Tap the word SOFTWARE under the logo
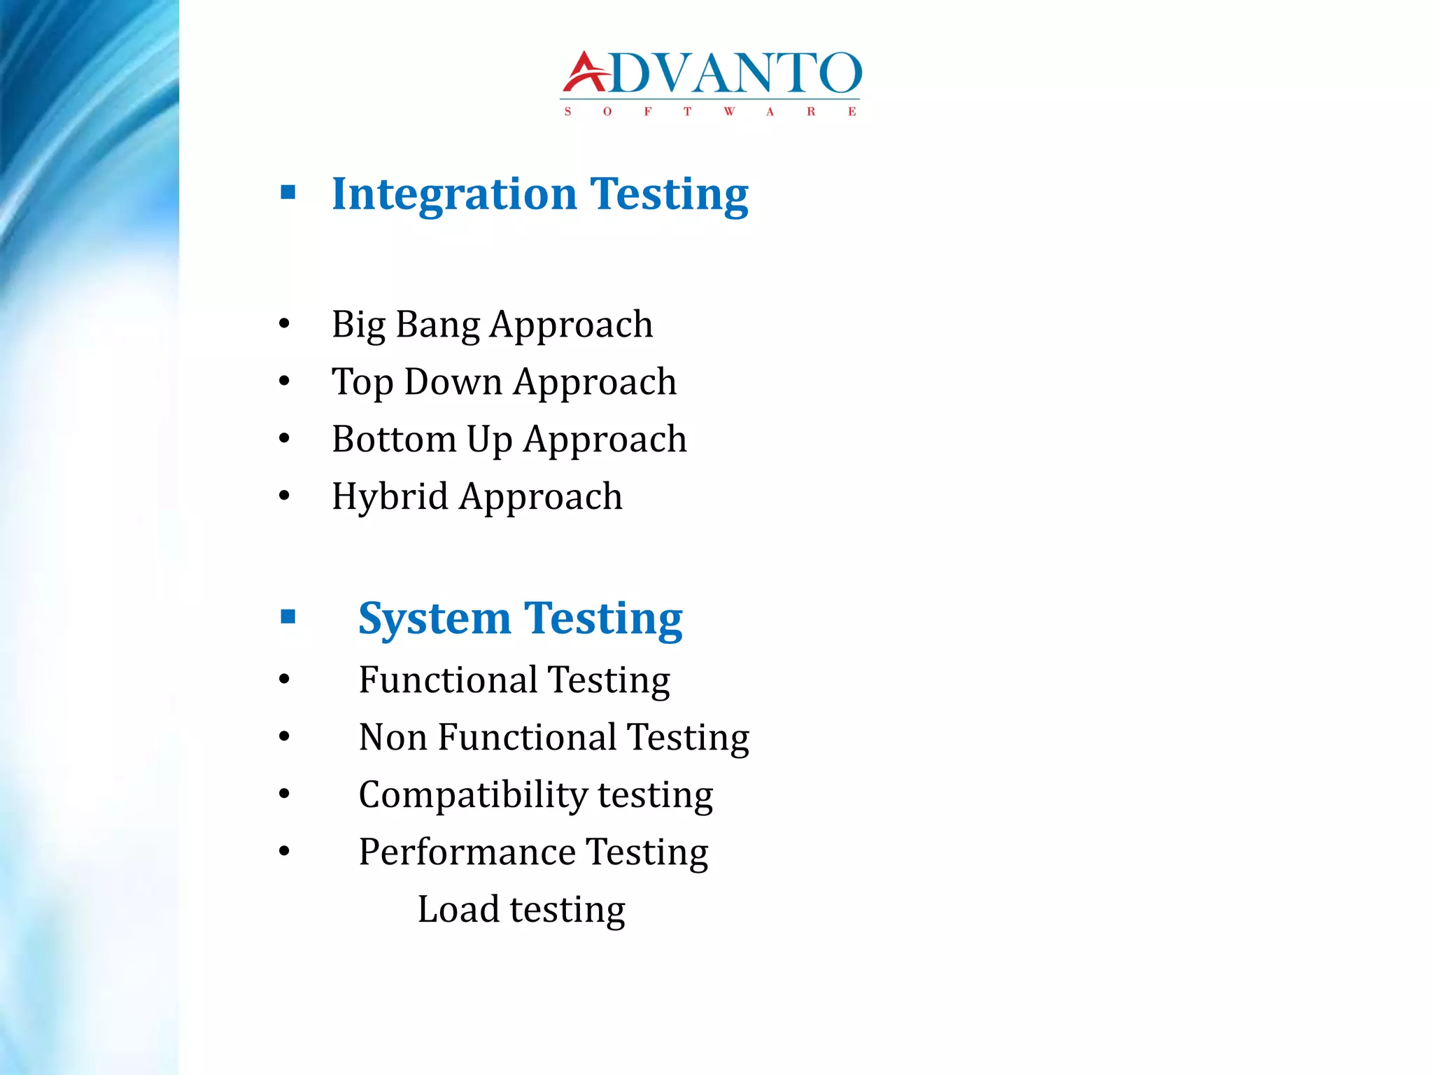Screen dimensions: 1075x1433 pyautogui.click(x=710, y=112)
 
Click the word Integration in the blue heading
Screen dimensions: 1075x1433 pyautogui.click(x=454, y=194)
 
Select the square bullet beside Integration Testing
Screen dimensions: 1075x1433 pyautogui.click(x=288, y=192)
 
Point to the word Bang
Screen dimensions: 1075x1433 pyautogui.click(x=438, y=325)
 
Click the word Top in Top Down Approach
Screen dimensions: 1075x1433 pyautogui.click(x=362, y=383)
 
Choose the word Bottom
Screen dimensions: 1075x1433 pyautogui.click(x=394, y=440)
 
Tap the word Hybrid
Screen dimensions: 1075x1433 pyautogui.click(x=389, y=498)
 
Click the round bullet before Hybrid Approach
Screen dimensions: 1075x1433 pyautogui.click(x=284, y=496)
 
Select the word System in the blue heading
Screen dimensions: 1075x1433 pyautogui.click(x=434, y=619)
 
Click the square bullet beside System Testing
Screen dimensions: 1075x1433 pyautogui.click(x=288, y=617)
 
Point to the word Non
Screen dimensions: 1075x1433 pyautogui.click(x=393, y=738)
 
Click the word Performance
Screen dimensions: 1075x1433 pyautogui.click(x=467, y=852)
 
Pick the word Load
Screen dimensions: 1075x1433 pyautogui.click(x=458, y=910)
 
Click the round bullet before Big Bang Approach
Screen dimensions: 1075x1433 pyautogui.click(x=284, y=324)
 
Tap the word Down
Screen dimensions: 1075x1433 pyautogui.click(x=453, y=382)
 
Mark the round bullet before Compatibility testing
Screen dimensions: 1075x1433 pyautogui.click(x=284, y=794)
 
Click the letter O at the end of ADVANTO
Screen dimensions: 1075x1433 pyautogui.click(x=840, y=73)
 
